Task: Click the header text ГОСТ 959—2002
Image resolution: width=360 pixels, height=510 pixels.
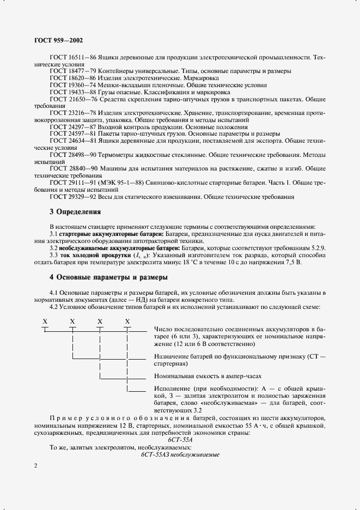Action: tap(59, 40)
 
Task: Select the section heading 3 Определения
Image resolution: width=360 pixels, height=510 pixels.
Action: tap(75, 211)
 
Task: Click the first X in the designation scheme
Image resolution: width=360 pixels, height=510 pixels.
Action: tap(45, 321)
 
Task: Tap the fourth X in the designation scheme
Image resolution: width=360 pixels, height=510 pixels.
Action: tap(127, 321)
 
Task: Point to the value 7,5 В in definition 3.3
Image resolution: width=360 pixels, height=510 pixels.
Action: tap(292, 262)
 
